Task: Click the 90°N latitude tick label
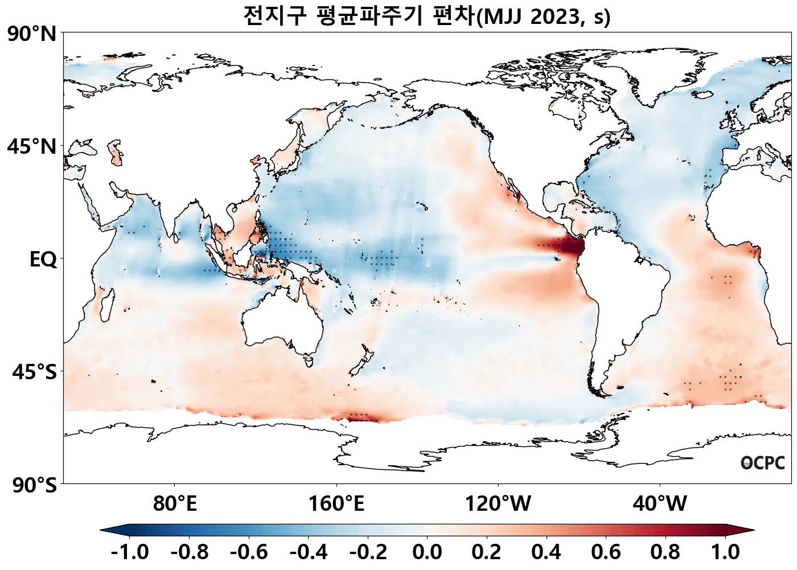(x=32, y=34)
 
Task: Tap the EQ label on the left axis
(x=43, y=260)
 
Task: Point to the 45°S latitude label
(x=34, y=372)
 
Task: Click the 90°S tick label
(x=34, y=486)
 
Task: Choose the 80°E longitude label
(x=175, y=504)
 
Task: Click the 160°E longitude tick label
(x=336, y=504)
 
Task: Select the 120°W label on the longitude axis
(x=498, y=504)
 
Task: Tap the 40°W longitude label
(x=660, y=504)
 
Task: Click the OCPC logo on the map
(x=762, y=464)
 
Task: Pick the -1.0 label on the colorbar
(x=130, y=552)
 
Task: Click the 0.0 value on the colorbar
(x=427, y=552)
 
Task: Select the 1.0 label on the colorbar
(x=725, y=552)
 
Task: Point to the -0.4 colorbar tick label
(x=308, y=552)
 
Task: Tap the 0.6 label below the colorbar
(x=606, y=552)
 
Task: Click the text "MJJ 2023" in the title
(x=530, y=17)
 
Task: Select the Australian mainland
(x=282, y=319)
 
